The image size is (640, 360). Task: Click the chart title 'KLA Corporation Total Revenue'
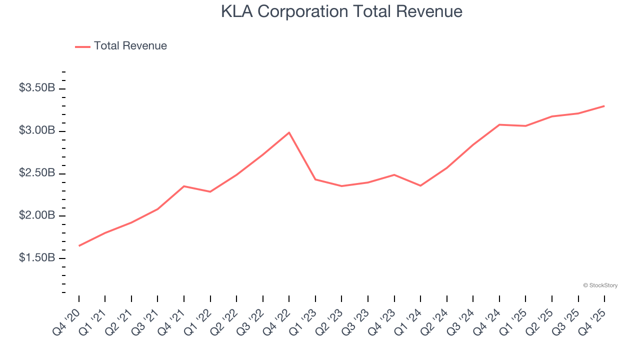(x=341, y=11)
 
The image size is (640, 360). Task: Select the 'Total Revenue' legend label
(x=130, y=46)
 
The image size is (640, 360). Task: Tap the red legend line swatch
(x=82, y=46)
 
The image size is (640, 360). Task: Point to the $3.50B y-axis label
(x=37, y=88)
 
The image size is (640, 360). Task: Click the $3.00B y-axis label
(x=37, y=130)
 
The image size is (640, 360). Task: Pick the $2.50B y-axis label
(x=37, y=173)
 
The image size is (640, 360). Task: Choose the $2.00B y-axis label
(x=37, y=215)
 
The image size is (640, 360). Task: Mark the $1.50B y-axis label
(x=37, y=258)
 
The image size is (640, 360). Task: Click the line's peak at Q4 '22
(x=289, y=132)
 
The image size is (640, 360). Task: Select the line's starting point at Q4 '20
(x=79, y=245)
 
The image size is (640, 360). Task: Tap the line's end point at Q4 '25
(x=604, y=106)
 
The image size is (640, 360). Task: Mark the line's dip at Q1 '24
(x=420, y=185)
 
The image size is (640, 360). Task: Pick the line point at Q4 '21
(x=184, y=186)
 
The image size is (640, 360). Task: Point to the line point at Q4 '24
(x=499, y=124)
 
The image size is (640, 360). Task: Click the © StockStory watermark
(x=600, y=285)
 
